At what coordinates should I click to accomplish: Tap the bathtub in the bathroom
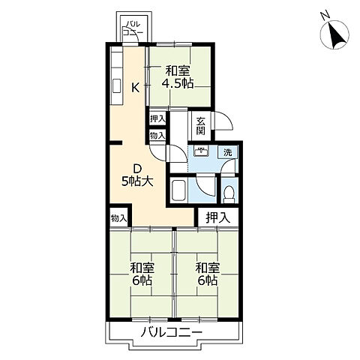[x=178, y=190]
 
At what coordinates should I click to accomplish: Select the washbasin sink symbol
[x=202, y=151]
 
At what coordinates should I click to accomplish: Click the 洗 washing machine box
[x=227, y=152]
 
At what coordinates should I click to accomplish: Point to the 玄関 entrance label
[x=200, y=126]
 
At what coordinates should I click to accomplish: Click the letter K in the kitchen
[x=136, y=88]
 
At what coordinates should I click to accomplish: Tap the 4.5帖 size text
[x=178, y=83]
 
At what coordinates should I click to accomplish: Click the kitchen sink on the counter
[x=117, y=87]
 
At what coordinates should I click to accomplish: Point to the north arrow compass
[x=335, y=34]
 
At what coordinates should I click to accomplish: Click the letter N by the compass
[x=325, y=16]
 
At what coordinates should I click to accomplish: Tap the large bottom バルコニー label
[x=172, y=332]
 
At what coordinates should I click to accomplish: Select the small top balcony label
[x=133, y=28]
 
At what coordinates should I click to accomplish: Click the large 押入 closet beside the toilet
[x=218, y=218]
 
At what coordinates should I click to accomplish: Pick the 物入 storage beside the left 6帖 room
[x=118, y=218]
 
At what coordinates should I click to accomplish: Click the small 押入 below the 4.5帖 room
[x=157, y=118]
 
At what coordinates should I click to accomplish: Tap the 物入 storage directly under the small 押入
[x=157, y=136]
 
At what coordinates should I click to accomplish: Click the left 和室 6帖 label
[x=142, y=274]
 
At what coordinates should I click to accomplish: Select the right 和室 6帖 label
[x=208, y=274]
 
